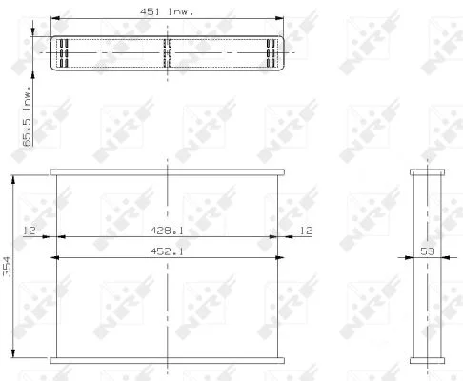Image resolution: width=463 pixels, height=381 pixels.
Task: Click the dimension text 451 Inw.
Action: pyautogui.click(x=167, y=11)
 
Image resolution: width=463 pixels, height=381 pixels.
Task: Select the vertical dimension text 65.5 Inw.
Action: pyautogui.click(x=28, y=116)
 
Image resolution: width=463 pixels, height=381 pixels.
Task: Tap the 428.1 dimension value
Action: pyautogui.click(x=167, y=231)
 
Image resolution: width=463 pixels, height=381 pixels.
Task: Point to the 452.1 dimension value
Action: pyautogui.click(x=167, y=251)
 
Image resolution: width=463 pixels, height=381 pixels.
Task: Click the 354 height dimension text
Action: pyautogui.click(x=7, y=266)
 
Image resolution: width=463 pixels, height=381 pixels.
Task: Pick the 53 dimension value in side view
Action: pyautogui.click(x=427, y=251)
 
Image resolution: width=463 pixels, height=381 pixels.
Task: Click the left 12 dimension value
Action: pyautogui.click(x=30, y=231)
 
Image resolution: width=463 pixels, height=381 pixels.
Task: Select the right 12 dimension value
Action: pyautogui.click(x=306, y=231)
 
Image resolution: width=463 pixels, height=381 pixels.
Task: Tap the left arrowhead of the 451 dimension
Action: pyautogui.click(x=55, y=18)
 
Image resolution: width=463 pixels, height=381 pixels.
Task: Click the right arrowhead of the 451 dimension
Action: pyautogui.click(x=279, y=18)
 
